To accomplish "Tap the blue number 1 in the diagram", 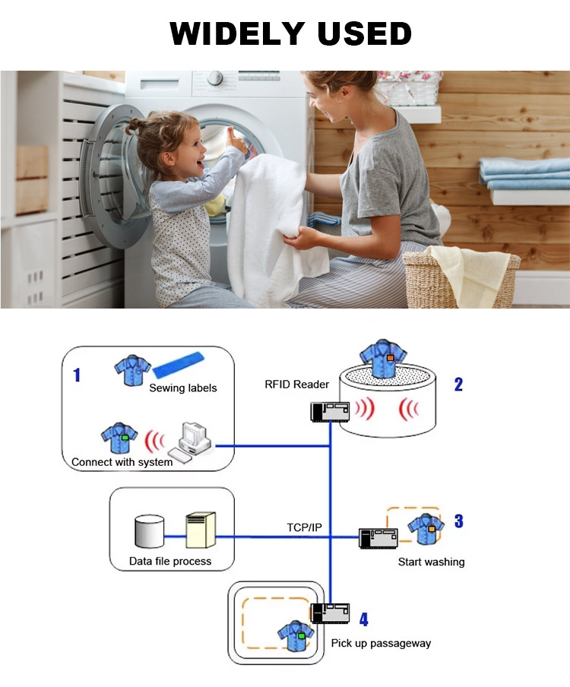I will point(76,374).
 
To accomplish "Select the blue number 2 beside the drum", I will point(458,384).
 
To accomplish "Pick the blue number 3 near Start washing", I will point(458,521).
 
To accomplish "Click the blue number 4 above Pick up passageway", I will point(363,619).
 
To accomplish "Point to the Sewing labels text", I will point(182,388).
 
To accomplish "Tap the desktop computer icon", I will point(194,440).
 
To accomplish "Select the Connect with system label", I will point(122,462).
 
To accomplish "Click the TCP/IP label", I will point(305,527).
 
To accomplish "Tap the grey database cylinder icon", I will point(149,531).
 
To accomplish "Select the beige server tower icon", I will point(201,530).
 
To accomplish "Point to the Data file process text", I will point(171,562).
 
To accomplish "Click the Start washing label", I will point(431,562).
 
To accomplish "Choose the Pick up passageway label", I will point(381,643).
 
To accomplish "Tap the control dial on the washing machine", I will point(216,78).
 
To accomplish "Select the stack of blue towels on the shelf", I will point(524,173).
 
